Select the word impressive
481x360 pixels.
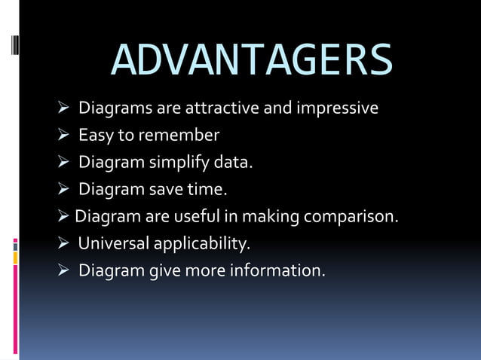338,108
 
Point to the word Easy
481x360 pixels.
96,136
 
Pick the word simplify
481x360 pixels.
178,163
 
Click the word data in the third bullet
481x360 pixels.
231,163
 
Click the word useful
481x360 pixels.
198,217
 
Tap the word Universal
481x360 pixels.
114,244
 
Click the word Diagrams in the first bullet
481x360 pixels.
115,108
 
